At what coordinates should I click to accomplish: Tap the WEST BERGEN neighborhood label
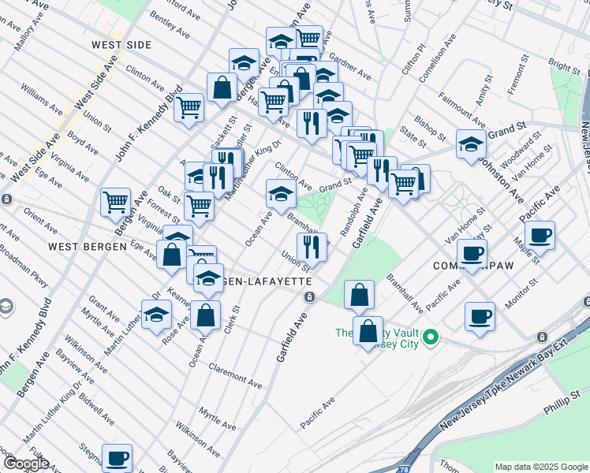coord(88,247)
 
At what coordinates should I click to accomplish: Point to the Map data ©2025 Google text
coord(541,467)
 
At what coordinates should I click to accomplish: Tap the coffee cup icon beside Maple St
coord(540,235)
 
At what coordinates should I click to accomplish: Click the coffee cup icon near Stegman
coord(118,457)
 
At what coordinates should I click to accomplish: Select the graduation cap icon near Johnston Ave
coord(471,144)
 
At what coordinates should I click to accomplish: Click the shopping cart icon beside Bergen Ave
coord(116,203)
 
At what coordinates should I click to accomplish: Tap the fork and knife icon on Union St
coord(312,245)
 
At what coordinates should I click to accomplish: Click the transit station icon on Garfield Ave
coord(310,296)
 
